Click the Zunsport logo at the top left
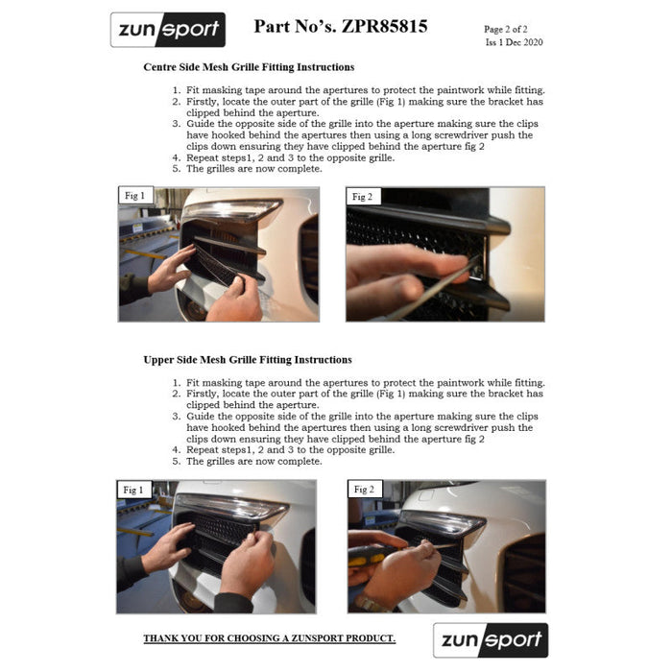point(168,30)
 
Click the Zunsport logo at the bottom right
point(491,640)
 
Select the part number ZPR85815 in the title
point(384,27)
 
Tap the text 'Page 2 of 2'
point(506,29)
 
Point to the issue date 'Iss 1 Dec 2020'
point(514,42)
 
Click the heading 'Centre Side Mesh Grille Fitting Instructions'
point(249,67)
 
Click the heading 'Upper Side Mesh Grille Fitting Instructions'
point(248,360)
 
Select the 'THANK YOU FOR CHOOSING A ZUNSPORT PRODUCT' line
point(270,638)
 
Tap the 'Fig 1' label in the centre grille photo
point(135,196)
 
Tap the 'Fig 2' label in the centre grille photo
point(363,197)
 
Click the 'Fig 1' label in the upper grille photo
point(133,490)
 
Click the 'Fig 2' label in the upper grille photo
point(364,490)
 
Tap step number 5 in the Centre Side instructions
point(177,169)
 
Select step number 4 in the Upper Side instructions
point(177,450)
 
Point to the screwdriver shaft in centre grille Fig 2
point(433,288)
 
